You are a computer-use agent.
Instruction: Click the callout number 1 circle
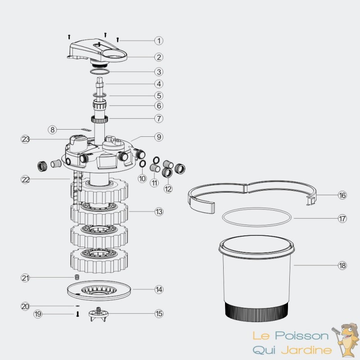(159, 40)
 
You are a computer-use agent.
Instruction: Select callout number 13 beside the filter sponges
(159, 211)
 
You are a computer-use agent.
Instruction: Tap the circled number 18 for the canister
(342, 265)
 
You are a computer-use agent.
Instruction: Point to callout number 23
(25, 139)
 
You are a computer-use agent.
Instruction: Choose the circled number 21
(25, 278)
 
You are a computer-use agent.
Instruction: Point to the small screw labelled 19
(77, 314)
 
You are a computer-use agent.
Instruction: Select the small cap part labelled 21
(77, 277)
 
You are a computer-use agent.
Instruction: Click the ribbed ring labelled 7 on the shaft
(99, 119)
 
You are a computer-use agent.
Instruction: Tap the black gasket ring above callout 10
(142, 164)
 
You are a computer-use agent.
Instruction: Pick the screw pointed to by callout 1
(118, 40)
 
